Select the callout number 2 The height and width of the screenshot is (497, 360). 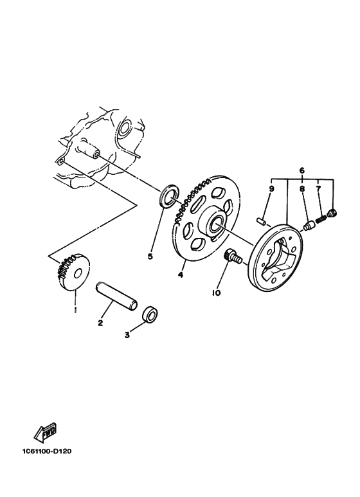[100, 323]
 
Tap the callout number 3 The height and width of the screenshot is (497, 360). [127, 335]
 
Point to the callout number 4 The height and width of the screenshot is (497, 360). [181, 275]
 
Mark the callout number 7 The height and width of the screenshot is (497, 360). [318, 189]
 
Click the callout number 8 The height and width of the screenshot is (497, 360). [301, 189]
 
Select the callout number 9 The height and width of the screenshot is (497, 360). [272, 189]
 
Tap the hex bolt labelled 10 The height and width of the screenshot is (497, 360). [231, 257]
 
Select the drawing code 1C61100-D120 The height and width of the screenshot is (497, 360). [46, 451]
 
